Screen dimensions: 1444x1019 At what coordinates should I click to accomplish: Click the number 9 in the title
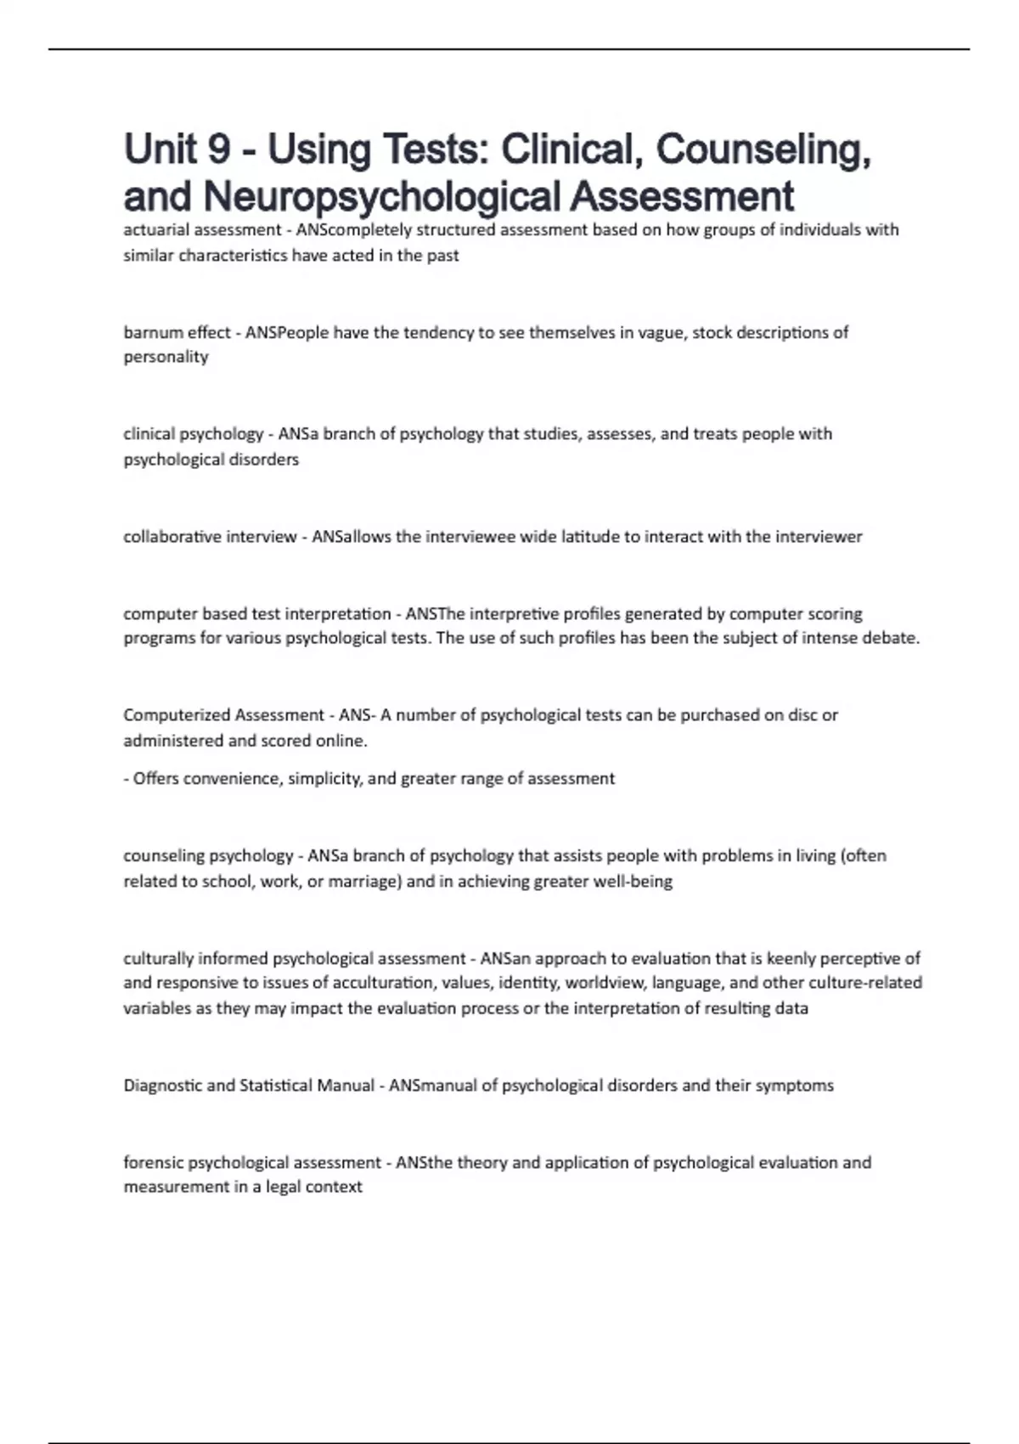218,150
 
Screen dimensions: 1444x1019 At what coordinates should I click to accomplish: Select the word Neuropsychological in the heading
384,196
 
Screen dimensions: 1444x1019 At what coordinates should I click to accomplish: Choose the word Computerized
177,715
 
